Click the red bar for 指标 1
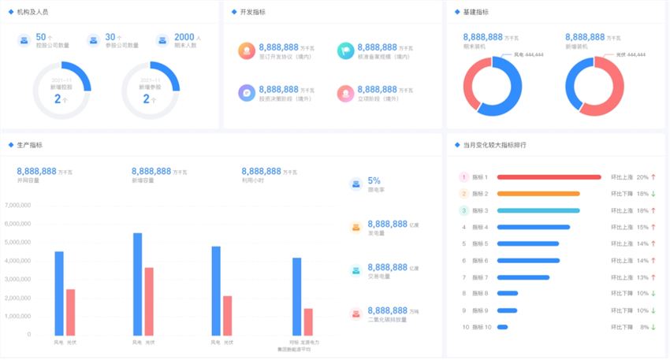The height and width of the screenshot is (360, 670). (x=549, y=177)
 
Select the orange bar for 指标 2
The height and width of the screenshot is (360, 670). (x=538, y=194)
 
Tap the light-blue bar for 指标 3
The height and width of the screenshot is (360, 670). (x=538, y=210)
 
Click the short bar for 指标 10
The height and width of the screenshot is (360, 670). (x=502, y=327)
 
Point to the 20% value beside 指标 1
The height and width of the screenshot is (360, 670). (x=642, y=177)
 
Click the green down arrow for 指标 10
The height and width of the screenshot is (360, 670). (x=653, y=327)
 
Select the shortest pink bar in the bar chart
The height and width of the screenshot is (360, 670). (x=308, y=321)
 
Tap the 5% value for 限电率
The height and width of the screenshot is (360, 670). (x=374, y=180)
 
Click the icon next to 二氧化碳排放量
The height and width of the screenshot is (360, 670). (x=355, y=314)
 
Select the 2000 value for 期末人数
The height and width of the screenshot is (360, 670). (x=184, y=37)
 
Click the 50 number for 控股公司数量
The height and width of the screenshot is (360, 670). (x=41, y=37)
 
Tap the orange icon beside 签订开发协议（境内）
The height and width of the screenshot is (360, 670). (x=246, y=51)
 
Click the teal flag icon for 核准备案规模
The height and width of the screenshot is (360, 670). (x=344, y=51)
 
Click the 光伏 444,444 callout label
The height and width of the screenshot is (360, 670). (x=631, y=54)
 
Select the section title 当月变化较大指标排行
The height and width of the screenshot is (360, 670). (x=494, y=145)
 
